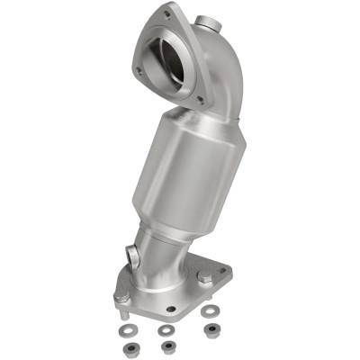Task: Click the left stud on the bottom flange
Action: (119, 296)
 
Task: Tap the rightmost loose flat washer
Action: (211, 312)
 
